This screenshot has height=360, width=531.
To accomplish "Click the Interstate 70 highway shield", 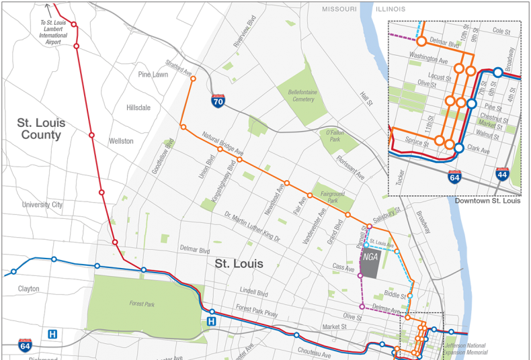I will point(218,101).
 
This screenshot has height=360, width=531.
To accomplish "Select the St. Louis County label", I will point(41,128).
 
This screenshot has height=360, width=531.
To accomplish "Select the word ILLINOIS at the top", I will point(390,9).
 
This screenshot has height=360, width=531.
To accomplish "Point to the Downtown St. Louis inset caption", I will point(487,200).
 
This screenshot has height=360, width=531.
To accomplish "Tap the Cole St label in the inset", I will point(501,31).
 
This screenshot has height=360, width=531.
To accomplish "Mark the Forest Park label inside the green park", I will point(142,304).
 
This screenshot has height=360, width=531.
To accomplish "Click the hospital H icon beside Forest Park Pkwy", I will point(212,322).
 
